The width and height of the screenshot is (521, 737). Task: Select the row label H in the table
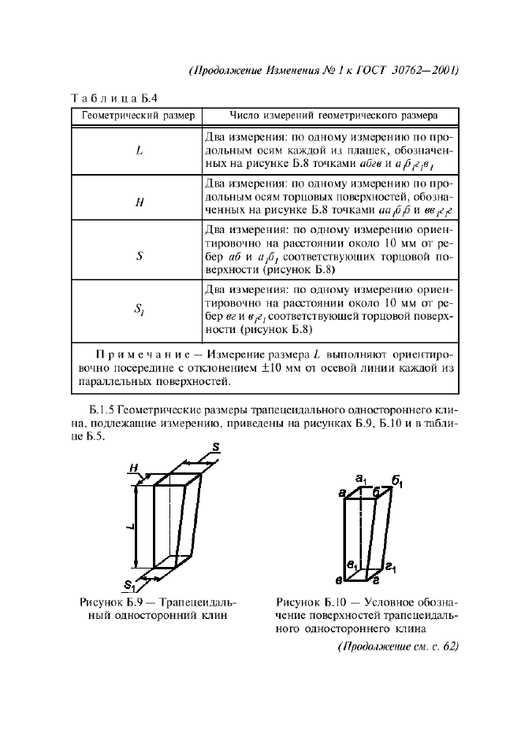(139, 202)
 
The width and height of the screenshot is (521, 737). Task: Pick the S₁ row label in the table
(139, 309)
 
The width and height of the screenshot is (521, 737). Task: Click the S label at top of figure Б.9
(215, 447)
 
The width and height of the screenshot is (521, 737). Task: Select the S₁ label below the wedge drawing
(130, 585)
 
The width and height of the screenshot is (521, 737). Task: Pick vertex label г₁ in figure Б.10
(390, 566)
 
